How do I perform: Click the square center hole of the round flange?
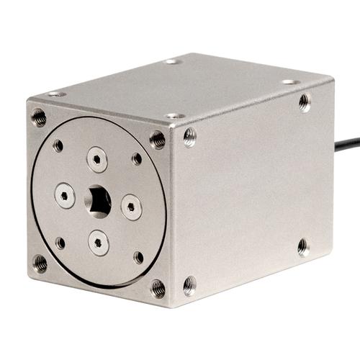[x=99, y=201]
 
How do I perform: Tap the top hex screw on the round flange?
[x=96, y=158]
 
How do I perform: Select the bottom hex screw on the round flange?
[x=99, y=242]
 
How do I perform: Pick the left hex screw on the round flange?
[x=65, y=194]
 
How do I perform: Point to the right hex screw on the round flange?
[x=131, y=207]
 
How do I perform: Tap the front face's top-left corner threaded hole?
[x=39, y=117]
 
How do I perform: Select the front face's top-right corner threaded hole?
[x=157, y=139]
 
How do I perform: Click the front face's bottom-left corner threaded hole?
[x=40, y=263]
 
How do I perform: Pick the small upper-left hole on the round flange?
[x=58, y=145]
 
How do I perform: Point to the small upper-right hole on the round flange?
[x=137, y=158]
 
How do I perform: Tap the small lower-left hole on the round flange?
[x=60, y=243]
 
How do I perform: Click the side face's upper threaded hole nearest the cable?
[x=305, y=103]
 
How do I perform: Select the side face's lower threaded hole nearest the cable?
[x=303, y=247]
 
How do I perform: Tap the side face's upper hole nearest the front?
[x=189, y=136]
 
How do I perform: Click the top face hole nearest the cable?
[x=290, y=81]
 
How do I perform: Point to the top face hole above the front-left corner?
[x=55, y=94]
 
